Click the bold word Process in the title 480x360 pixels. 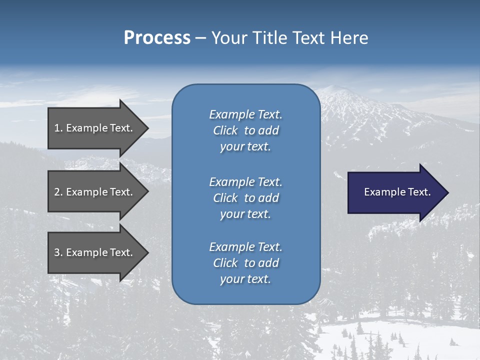click(x=157, y=38)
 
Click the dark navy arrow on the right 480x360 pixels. click(x=395, y=192)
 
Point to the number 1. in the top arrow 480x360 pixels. click(x=58, y=128)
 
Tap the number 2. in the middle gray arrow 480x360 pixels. click(x=58, y=192)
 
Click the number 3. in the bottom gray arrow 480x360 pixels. click(x=58, y=252)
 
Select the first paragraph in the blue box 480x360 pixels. click(x=245, y=130)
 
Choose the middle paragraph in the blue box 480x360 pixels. click(x=245, y=198)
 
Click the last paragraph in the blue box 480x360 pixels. click(x=245, y=263)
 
